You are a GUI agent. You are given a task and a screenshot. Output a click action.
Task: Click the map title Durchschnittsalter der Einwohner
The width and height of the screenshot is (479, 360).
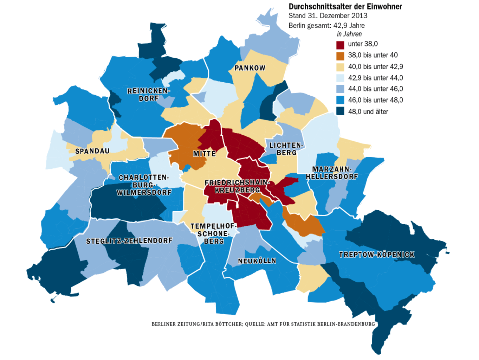345,7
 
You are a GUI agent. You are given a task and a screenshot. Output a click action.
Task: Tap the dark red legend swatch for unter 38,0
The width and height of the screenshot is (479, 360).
340,45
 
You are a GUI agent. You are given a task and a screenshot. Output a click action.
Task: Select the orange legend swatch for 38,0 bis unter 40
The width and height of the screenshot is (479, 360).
340,56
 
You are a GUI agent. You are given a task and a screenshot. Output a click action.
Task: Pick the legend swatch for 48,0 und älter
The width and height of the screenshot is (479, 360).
340,111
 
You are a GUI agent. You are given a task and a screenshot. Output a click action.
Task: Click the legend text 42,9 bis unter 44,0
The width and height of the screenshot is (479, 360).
375,78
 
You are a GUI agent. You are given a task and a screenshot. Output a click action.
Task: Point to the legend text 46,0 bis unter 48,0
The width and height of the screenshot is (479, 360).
375,100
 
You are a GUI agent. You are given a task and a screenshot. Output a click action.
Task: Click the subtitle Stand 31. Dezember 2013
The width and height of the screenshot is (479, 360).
328,16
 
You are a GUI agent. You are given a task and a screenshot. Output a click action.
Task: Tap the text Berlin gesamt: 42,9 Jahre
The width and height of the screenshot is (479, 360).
326,26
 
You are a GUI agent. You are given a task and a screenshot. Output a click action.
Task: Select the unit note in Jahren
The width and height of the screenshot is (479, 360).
349,34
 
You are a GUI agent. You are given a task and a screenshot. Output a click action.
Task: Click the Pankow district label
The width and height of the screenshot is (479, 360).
250,68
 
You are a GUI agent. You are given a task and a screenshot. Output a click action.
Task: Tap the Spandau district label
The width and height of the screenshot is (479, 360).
92,151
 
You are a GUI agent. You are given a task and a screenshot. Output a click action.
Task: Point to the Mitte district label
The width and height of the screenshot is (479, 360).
204,154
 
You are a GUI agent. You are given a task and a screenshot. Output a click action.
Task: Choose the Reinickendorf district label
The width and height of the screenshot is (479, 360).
148,95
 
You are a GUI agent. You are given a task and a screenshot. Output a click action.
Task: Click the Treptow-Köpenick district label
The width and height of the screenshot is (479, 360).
377,255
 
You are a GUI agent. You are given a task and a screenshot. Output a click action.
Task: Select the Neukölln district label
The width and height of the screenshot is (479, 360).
257,261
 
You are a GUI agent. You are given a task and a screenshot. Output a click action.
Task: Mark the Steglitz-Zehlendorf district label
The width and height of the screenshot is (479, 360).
129,241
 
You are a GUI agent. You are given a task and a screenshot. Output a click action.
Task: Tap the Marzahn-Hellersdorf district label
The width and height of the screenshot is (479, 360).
332,173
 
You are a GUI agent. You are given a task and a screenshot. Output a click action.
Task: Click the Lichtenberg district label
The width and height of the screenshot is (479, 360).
286,149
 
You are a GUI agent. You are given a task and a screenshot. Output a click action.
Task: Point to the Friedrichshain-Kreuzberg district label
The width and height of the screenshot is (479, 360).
237,186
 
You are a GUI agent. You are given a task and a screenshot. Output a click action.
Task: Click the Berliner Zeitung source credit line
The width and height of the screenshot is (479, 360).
263,324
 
